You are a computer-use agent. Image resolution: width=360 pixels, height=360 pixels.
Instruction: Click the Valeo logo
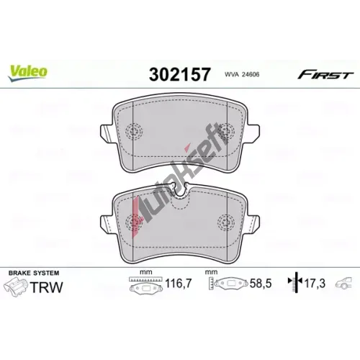27,73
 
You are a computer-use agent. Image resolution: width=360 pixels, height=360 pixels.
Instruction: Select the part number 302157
180,74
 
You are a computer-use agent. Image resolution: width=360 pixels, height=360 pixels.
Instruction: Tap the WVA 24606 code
242,74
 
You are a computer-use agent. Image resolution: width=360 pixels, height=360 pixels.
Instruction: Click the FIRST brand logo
325,76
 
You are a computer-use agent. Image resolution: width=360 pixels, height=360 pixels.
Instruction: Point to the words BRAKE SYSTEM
34,273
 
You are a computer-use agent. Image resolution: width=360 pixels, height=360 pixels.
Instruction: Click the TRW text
47,287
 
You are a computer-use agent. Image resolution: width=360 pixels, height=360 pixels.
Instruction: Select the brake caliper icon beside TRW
16,287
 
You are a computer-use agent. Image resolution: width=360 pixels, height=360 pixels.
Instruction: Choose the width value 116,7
179,284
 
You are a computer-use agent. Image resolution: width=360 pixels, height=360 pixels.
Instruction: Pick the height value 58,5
261,284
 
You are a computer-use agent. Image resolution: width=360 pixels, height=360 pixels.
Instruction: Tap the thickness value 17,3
315,284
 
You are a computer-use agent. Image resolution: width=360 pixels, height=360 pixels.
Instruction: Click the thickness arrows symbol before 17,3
296,282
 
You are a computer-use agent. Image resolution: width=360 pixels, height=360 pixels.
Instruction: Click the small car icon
344,283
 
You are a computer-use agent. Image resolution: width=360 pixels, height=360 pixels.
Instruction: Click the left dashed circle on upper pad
134,132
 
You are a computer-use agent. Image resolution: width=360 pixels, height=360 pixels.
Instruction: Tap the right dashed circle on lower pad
226,222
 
